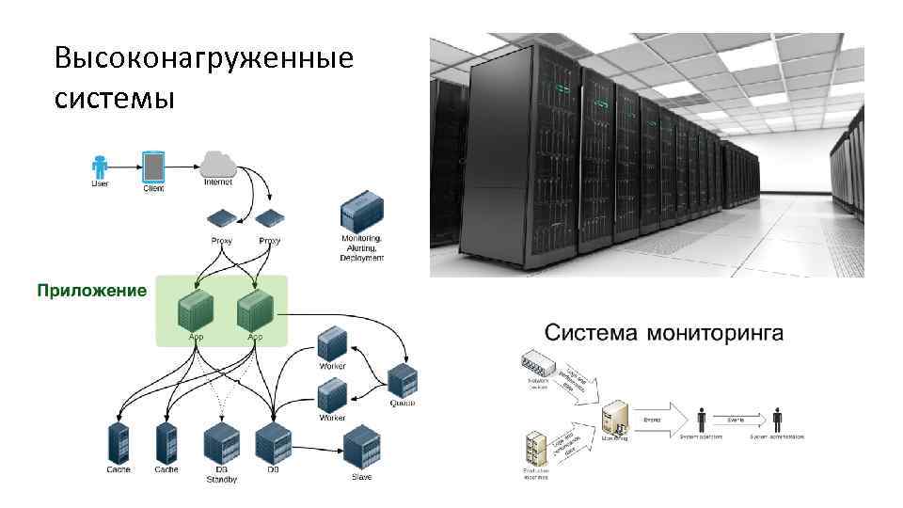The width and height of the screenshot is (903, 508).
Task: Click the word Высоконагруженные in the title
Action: pyautogui.click(x=204, y=59)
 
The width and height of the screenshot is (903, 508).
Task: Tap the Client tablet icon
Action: pyautogui.click(x=153, y=167)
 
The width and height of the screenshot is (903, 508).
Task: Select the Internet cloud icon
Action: pyautogui.click(x=218, y=163)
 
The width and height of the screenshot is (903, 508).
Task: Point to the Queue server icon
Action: pyautogui.click(x=403, y=378)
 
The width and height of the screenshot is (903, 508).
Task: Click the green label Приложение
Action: pyautogui.click(x=91, y=291)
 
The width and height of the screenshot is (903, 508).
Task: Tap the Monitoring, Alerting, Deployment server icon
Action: pyautogui.click(x=361, y=212)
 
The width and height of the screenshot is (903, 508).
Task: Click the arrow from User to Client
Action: pyautogui.click(x=126, y=166)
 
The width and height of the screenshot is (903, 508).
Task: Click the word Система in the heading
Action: pyautogui.click(x=591, y=332)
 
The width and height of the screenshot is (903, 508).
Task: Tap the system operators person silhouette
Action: pyautogui.click(x=702, y=420)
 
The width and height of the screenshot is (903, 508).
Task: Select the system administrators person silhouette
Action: pyautogui.click(x=777, y=420)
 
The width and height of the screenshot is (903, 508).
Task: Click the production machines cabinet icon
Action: pyautogui.click(x=536, y=449)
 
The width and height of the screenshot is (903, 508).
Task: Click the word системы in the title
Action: pyautogui.click(x=115, y=97)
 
